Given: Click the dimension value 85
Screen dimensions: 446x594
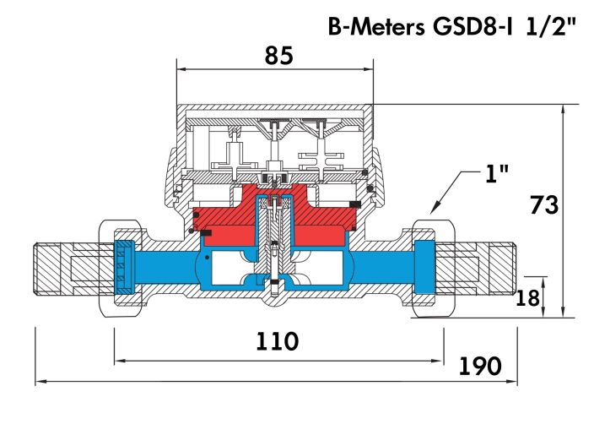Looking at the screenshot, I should (278, 56).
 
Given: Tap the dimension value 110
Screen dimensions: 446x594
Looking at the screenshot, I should (278, 341).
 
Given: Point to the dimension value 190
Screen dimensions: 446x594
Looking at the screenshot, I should (481, 366).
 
